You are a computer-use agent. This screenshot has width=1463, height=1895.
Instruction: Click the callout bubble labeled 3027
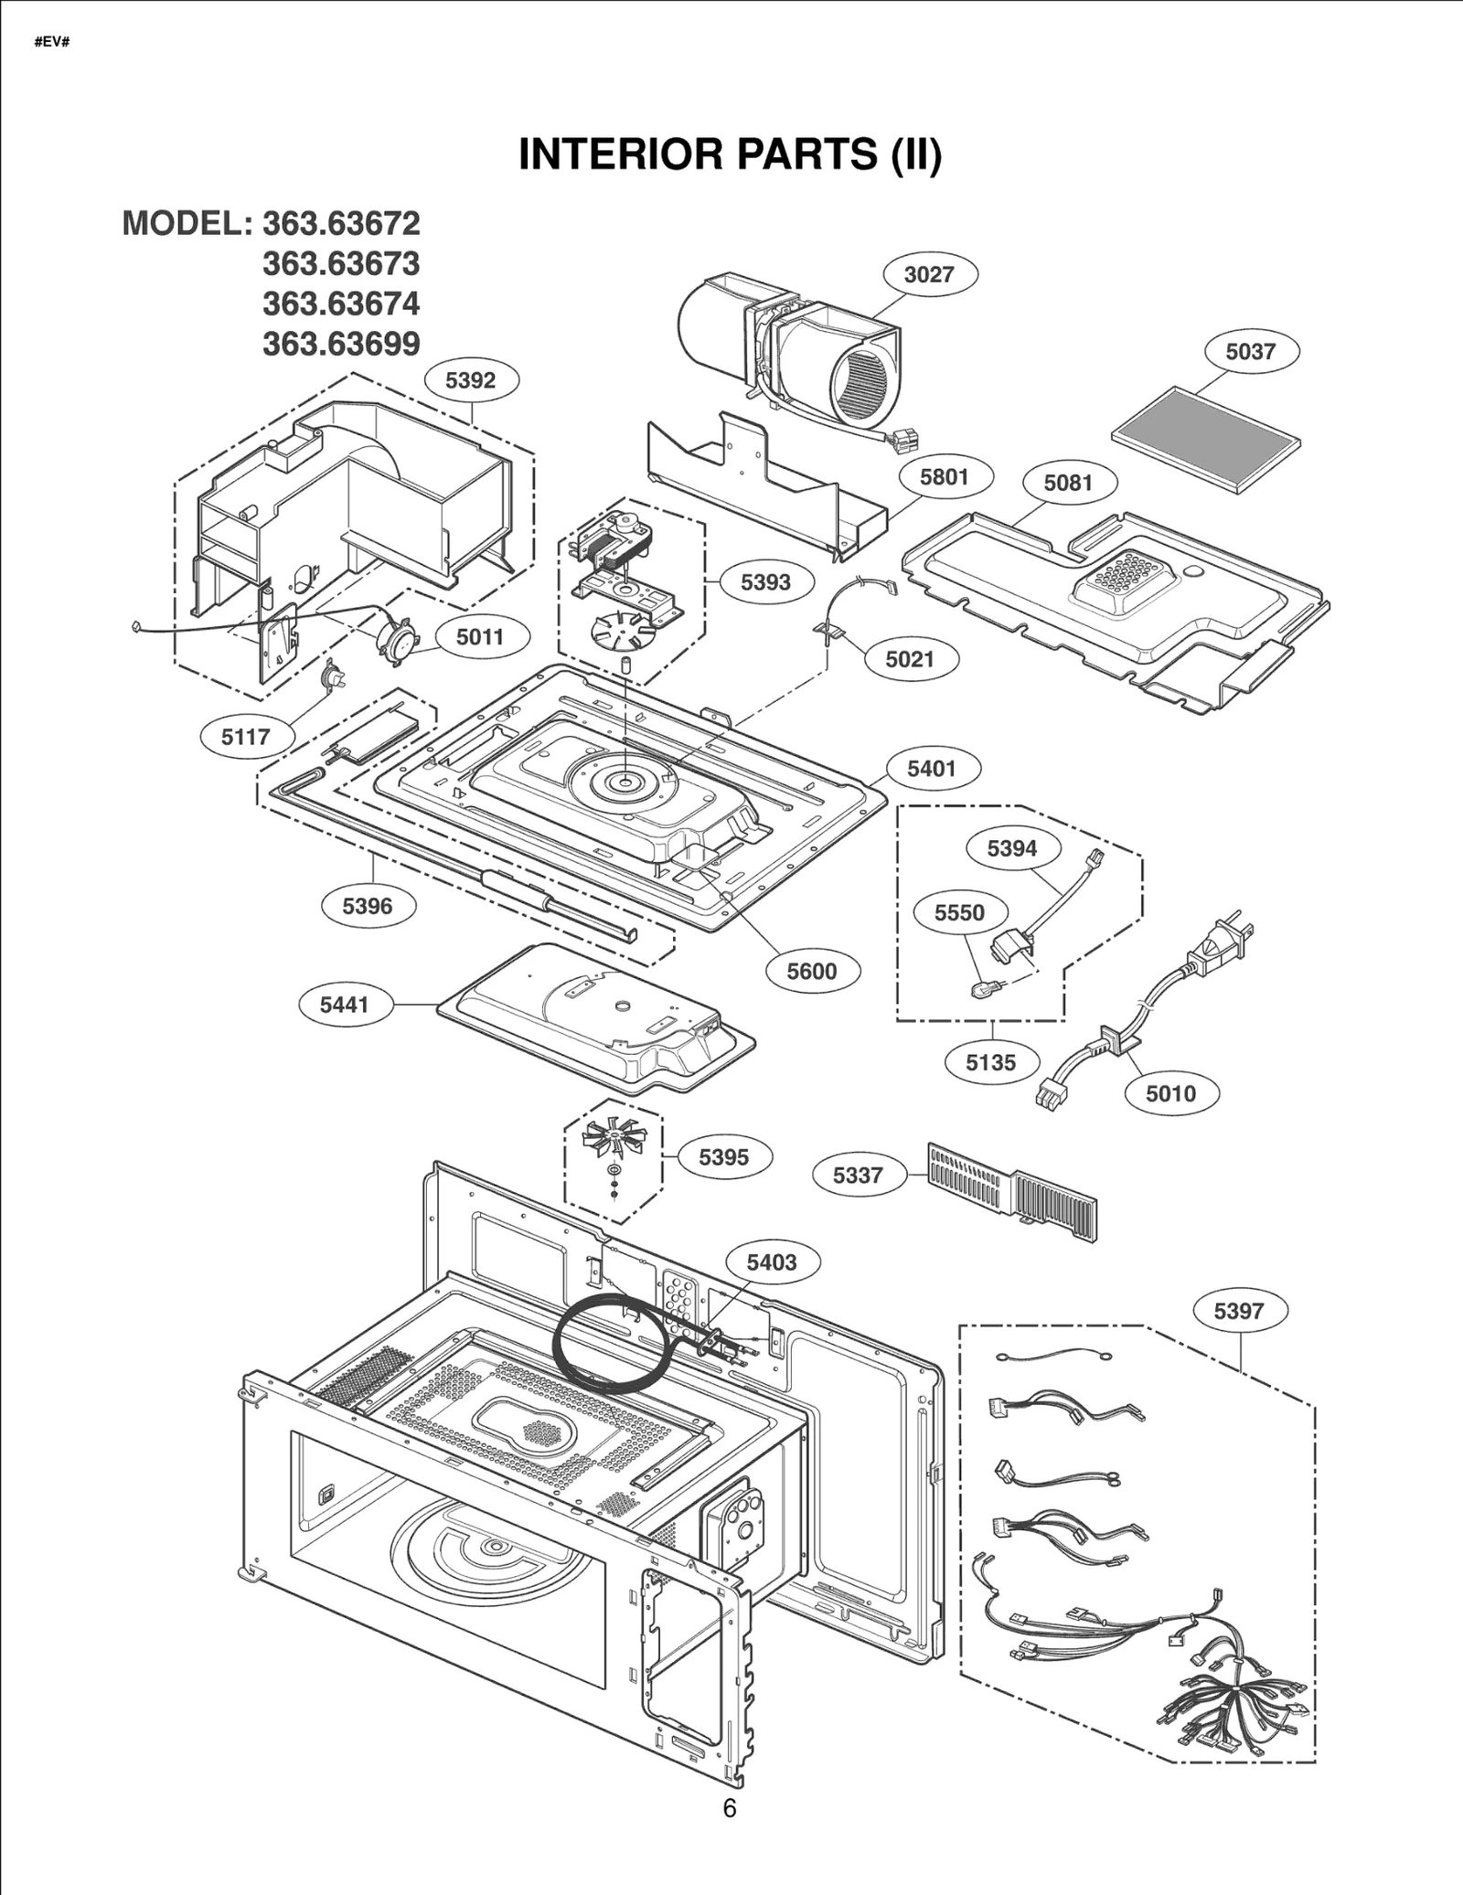coord(929,274)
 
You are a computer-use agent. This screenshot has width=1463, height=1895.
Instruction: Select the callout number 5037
coord(1250,352)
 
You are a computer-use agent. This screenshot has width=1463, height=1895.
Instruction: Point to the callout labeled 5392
coord(470,380)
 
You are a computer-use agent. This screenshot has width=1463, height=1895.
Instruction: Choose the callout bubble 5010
coord(1170,1093)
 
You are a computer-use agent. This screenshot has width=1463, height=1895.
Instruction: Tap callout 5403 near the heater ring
coord(772,1262)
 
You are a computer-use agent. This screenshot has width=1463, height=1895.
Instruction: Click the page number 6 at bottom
coord(729,1808)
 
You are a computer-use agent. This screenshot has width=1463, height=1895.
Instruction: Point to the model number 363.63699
coord(341,344)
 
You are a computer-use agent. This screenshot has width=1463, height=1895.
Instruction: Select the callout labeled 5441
coord(344,1005)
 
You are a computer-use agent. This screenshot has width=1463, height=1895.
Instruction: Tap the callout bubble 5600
coord(812,971)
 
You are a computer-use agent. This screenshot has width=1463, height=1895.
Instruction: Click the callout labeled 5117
coord(246,737)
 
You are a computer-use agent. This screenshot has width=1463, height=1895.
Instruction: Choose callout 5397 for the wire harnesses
coord(1238,1311)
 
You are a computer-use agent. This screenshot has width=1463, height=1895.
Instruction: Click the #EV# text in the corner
coord(52,43)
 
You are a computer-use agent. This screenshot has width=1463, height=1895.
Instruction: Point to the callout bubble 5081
coord(1068,483)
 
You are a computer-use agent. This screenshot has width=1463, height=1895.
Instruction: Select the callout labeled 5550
coord(959,913)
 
